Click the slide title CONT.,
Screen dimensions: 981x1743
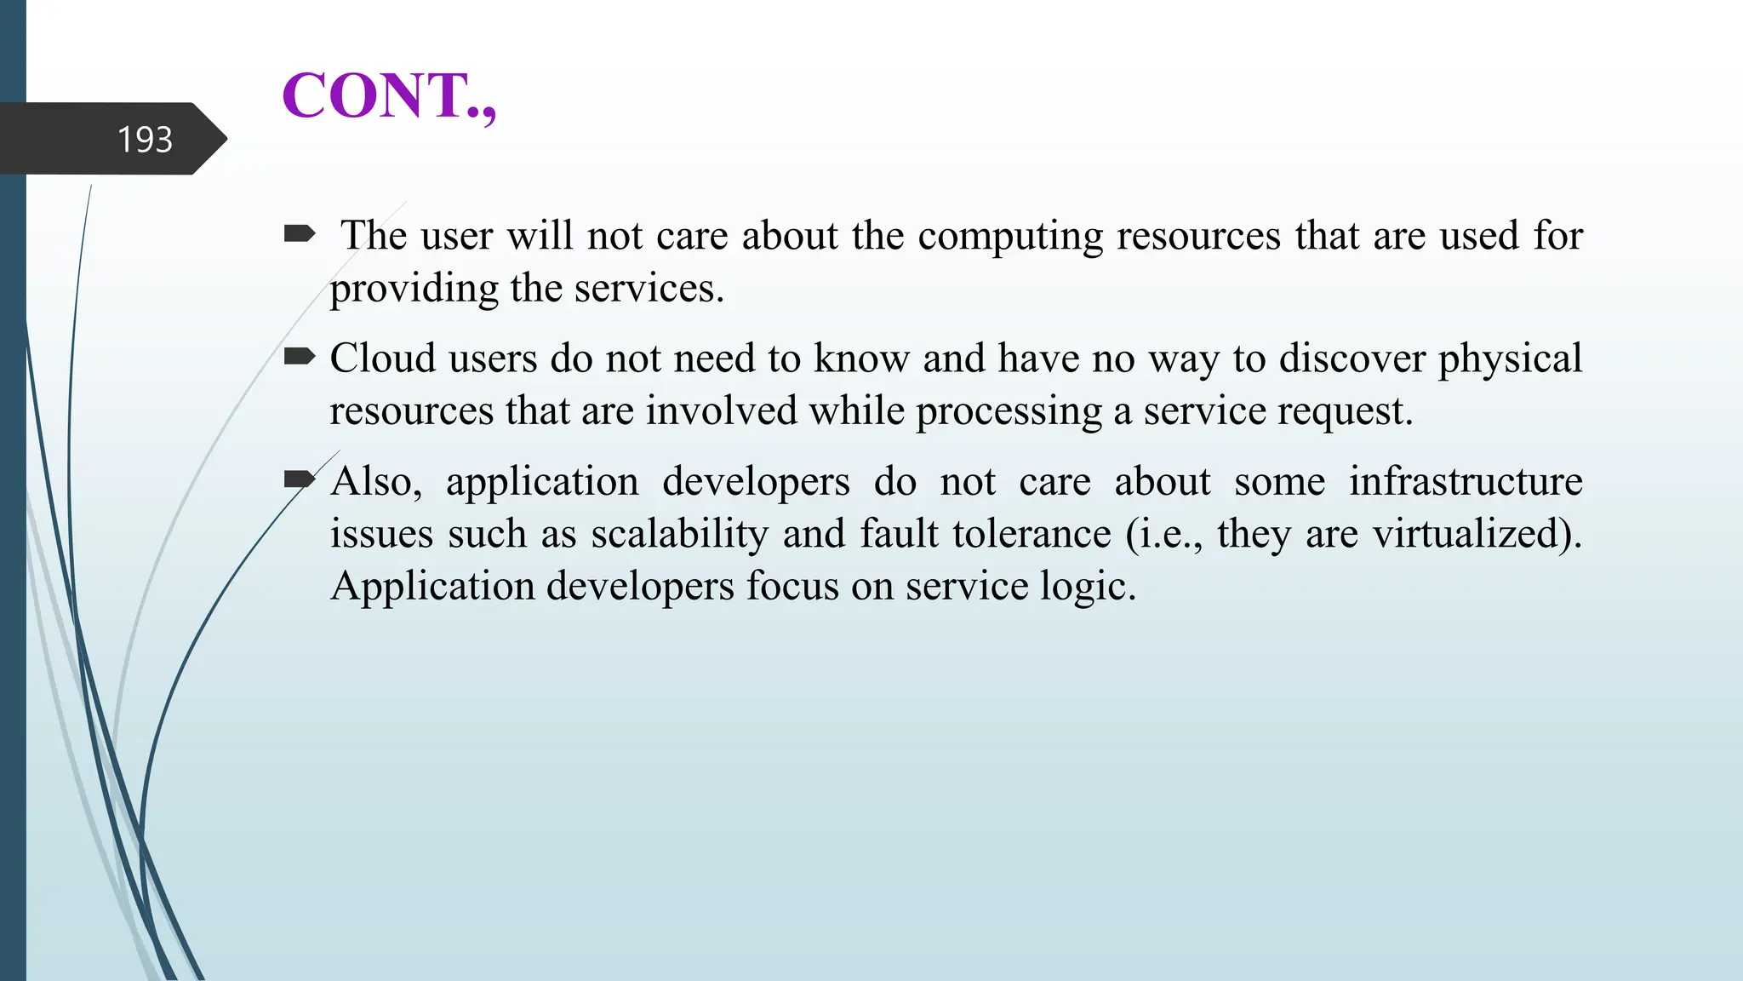(389, 95)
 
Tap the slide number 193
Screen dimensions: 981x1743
(145, 140)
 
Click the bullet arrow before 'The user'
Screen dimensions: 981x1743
(300, 233)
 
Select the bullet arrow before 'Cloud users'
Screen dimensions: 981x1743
(300, 357)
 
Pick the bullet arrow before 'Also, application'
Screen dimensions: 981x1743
(300, 480)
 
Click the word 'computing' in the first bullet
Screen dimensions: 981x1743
(1010, 237)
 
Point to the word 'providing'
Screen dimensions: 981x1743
(414, 290)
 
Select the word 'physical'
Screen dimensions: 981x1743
(1510, 359)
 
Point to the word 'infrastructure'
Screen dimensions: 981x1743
(1466, 481)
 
